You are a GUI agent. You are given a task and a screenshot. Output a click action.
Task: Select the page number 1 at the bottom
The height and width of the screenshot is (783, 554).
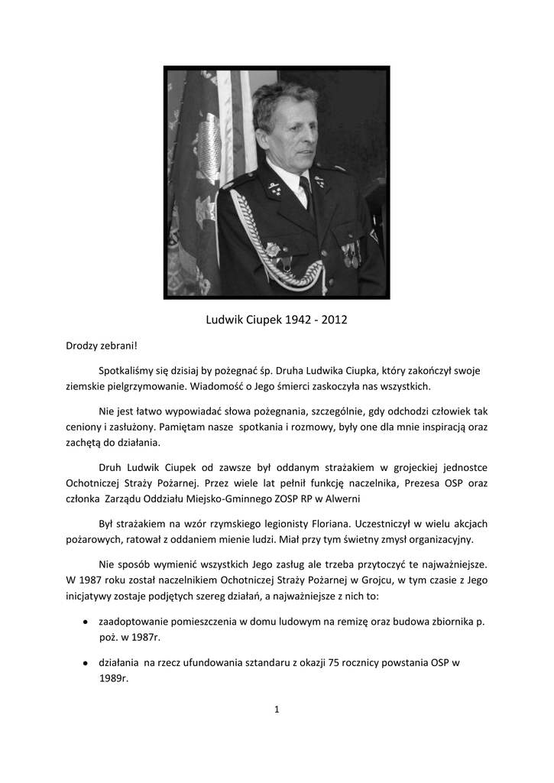277,710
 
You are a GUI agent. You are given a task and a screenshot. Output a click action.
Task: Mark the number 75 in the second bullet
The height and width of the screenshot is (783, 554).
333,663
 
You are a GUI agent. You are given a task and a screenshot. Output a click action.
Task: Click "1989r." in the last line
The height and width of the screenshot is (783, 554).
114,677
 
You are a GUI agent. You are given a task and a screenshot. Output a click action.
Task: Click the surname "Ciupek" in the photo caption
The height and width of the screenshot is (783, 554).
265,319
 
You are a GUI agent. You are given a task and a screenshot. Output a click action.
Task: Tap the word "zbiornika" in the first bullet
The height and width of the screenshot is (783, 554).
440,622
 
